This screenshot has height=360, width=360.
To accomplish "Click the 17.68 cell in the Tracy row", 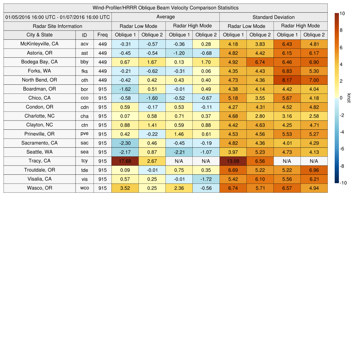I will [x=125, y=161].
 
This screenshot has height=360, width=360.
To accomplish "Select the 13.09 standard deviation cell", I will [x=233, y=161].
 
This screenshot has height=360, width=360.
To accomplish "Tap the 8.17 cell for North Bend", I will [x=287, y=80].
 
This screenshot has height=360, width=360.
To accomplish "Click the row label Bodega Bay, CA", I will [x=39, y=62].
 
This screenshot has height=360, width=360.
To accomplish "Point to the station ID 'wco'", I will [x=84, y=188].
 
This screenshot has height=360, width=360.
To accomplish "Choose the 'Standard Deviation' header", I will [x=274, y=17].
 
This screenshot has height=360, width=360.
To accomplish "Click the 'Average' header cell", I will [x=165, y=17].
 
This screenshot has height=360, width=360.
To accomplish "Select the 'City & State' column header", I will [x=39, y=35].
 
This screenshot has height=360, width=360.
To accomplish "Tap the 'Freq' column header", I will [x=102, y=35].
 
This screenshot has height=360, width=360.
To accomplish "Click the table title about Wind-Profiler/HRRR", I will [x=165, y=8].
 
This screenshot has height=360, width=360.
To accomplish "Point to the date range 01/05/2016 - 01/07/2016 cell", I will [x=58, y=17].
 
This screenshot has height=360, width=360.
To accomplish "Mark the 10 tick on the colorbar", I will [x=342, y=13].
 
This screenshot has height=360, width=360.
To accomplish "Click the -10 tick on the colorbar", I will [x=343, y=183].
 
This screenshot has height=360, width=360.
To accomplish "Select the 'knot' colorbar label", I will [x=349, y=98].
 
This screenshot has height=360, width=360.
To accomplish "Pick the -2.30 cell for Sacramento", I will [x=125, y=143].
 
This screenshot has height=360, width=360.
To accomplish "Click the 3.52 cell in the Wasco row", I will [x=125, y=188].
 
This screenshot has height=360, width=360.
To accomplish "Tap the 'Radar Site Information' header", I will [x=58, y=26].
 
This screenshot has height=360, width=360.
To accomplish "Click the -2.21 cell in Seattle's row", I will [x=179, y=152].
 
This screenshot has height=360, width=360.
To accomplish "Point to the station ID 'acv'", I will [x=84, y=44].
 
